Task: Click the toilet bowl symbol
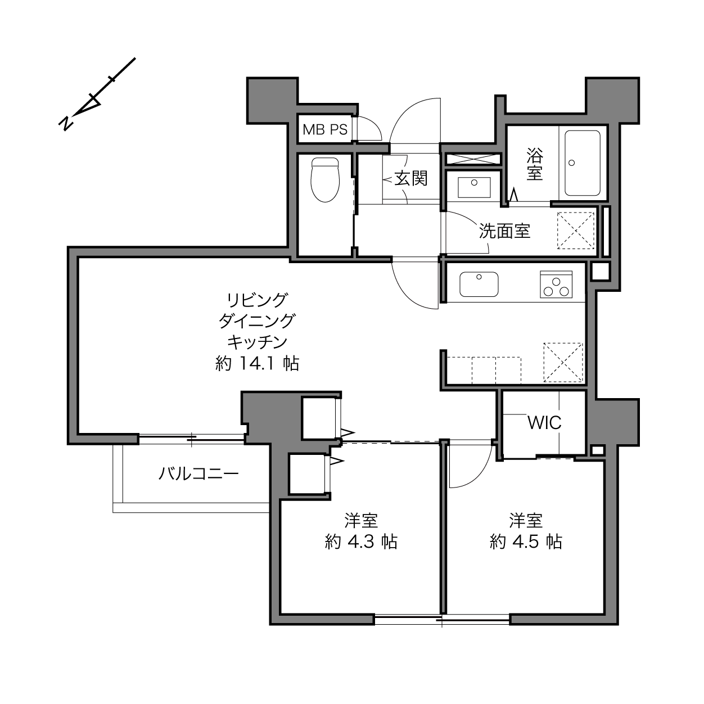point(325,180)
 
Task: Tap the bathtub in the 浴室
point(583,163)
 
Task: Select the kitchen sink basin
point(479,284)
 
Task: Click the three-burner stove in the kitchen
point(556,284)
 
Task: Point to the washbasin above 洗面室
point(474,187)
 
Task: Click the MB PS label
point(325,129)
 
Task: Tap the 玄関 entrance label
point(411,179)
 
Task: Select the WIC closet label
point(544,423)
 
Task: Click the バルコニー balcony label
point(198,474)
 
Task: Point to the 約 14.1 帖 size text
point(257,363)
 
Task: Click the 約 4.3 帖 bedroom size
point(361,542)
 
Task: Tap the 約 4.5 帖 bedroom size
point(526,542)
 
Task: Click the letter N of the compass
point(66,124)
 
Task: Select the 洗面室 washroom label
point(504,231)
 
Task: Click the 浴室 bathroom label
point(535,164)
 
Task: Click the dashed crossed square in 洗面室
point(576,231)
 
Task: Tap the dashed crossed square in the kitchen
point(563,363)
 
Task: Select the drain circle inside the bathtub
point(572,163)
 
